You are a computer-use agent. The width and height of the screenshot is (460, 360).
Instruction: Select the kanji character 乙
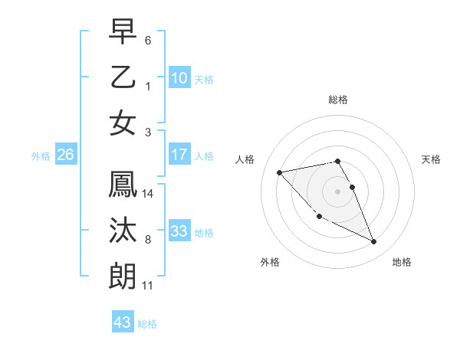pyautogui.click(x=123, y=77)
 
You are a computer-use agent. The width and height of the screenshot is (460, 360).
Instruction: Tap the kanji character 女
pyautogui.click(x=123, y=123)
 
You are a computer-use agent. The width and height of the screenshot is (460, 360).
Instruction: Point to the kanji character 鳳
pyautogui.click(x=123, y=185)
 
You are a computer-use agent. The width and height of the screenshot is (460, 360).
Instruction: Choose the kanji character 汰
pyautogui.click(x=123, y=231)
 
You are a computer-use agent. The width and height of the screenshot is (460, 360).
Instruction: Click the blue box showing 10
pyautogui.click(x=179, y=77)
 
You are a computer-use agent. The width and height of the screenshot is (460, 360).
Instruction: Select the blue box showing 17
pyautogui.click(x=179, y=155)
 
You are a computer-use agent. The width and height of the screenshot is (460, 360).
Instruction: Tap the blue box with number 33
pyautogui.click(x=179, y=231)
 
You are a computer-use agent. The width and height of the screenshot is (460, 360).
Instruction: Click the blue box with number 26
pyautogui.click(x=65, y=155)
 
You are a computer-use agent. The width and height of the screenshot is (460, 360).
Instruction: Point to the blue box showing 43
pyautogui.click(x=123, y=322)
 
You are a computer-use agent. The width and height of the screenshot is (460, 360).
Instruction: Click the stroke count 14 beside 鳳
pyautogui.click(x=148, y=194)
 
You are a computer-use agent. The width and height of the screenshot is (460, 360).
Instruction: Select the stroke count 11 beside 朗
pyautogui.click(x=148, y=286)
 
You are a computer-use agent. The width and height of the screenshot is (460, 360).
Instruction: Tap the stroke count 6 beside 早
pyautogui.click(x=148, y=39)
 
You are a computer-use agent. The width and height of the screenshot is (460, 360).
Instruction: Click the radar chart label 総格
pyautogui.click(x=338, y=100)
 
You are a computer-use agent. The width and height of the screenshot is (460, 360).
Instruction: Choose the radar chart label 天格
pyautogui.click(x=432, y=159)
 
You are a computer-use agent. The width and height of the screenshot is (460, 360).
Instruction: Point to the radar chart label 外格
pyautogui.click(x=270, y=262)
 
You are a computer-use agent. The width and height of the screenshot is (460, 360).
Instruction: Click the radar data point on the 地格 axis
pyautogui.click(x=374, y=242)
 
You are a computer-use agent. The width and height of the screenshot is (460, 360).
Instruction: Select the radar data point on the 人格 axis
pyautogui.click(x=280, y=172)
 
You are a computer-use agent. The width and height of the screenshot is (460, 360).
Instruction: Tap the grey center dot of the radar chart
pyautogui.click(x=338, y=190)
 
